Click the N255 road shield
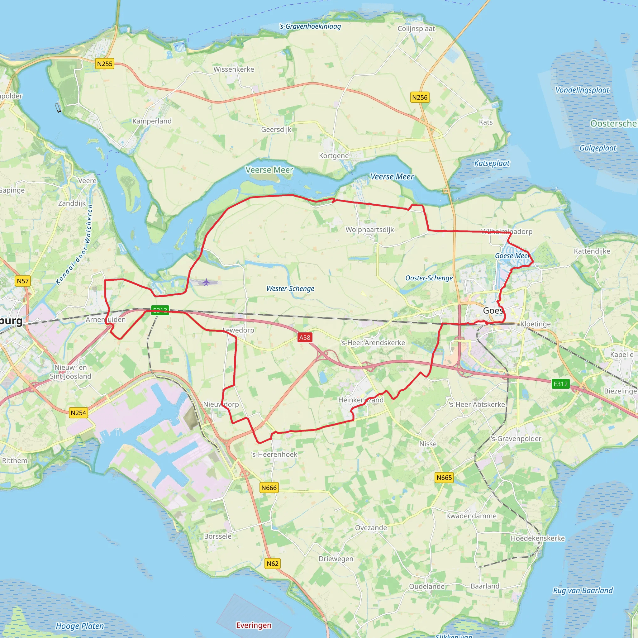(x=105, y=64)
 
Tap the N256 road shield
(x=420, y=98)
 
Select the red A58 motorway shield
(x=304, y=337)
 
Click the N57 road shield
(x=23, y=281)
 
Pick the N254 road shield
(x=78, y=413)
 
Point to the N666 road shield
(x=269, y=488)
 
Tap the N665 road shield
(x=444, y=478)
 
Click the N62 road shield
(x=273, y=564)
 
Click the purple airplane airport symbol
(x=206, y=282)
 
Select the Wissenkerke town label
(x=233, y=69)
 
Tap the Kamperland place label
(x=152, y=121)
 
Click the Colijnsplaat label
(x=416, y=29)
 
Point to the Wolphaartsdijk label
(x=369, y=230)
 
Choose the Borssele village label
(x=218, y=536)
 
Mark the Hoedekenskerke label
(x=537, y=538)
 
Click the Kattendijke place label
(x=592, y=251)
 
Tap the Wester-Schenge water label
(x=290, y=288)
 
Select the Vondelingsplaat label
(x=582, y=90)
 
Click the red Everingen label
(x=254, y=626)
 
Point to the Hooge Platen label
(x=79, y=626)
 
